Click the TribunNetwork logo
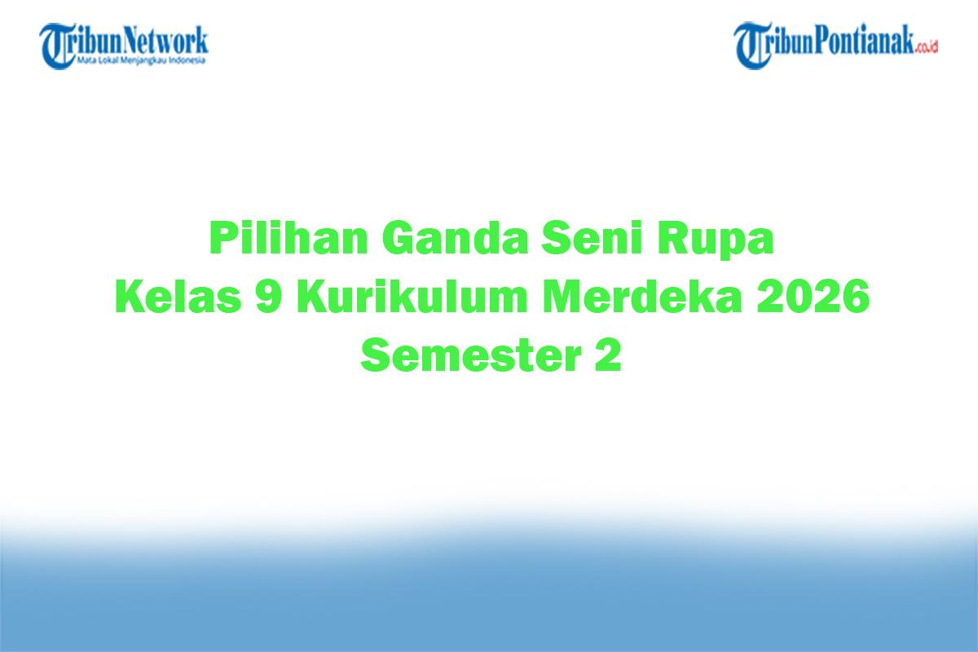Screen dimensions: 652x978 (125, 45)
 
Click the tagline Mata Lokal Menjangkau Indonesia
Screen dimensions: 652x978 (142, 60)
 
